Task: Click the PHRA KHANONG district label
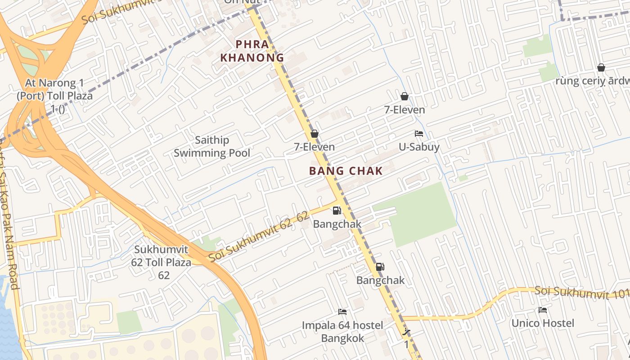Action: coord(252,51)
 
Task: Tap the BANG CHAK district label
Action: coord(346,171)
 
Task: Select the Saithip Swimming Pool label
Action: coord(211,147)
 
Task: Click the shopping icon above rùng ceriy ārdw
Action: coord(601,67)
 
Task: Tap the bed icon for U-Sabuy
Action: coord(418,134)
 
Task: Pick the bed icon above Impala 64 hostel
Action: coord(342,311)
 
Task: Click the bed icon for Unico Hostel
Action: coord(542,310)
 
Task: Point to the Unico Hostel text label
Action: coord(542,323)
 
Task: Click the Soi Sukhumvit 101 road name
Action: coord(580,293)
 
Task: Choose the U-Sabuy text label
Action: coord(419,147)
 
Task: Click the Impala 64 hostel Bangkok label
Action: coord(342,332)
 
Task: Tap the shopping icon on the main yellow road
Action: coord(314,134)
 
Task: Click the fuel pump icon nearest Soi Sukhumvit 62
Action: coord(337,210)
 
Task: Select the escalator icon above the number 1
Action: coord(406,333)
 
